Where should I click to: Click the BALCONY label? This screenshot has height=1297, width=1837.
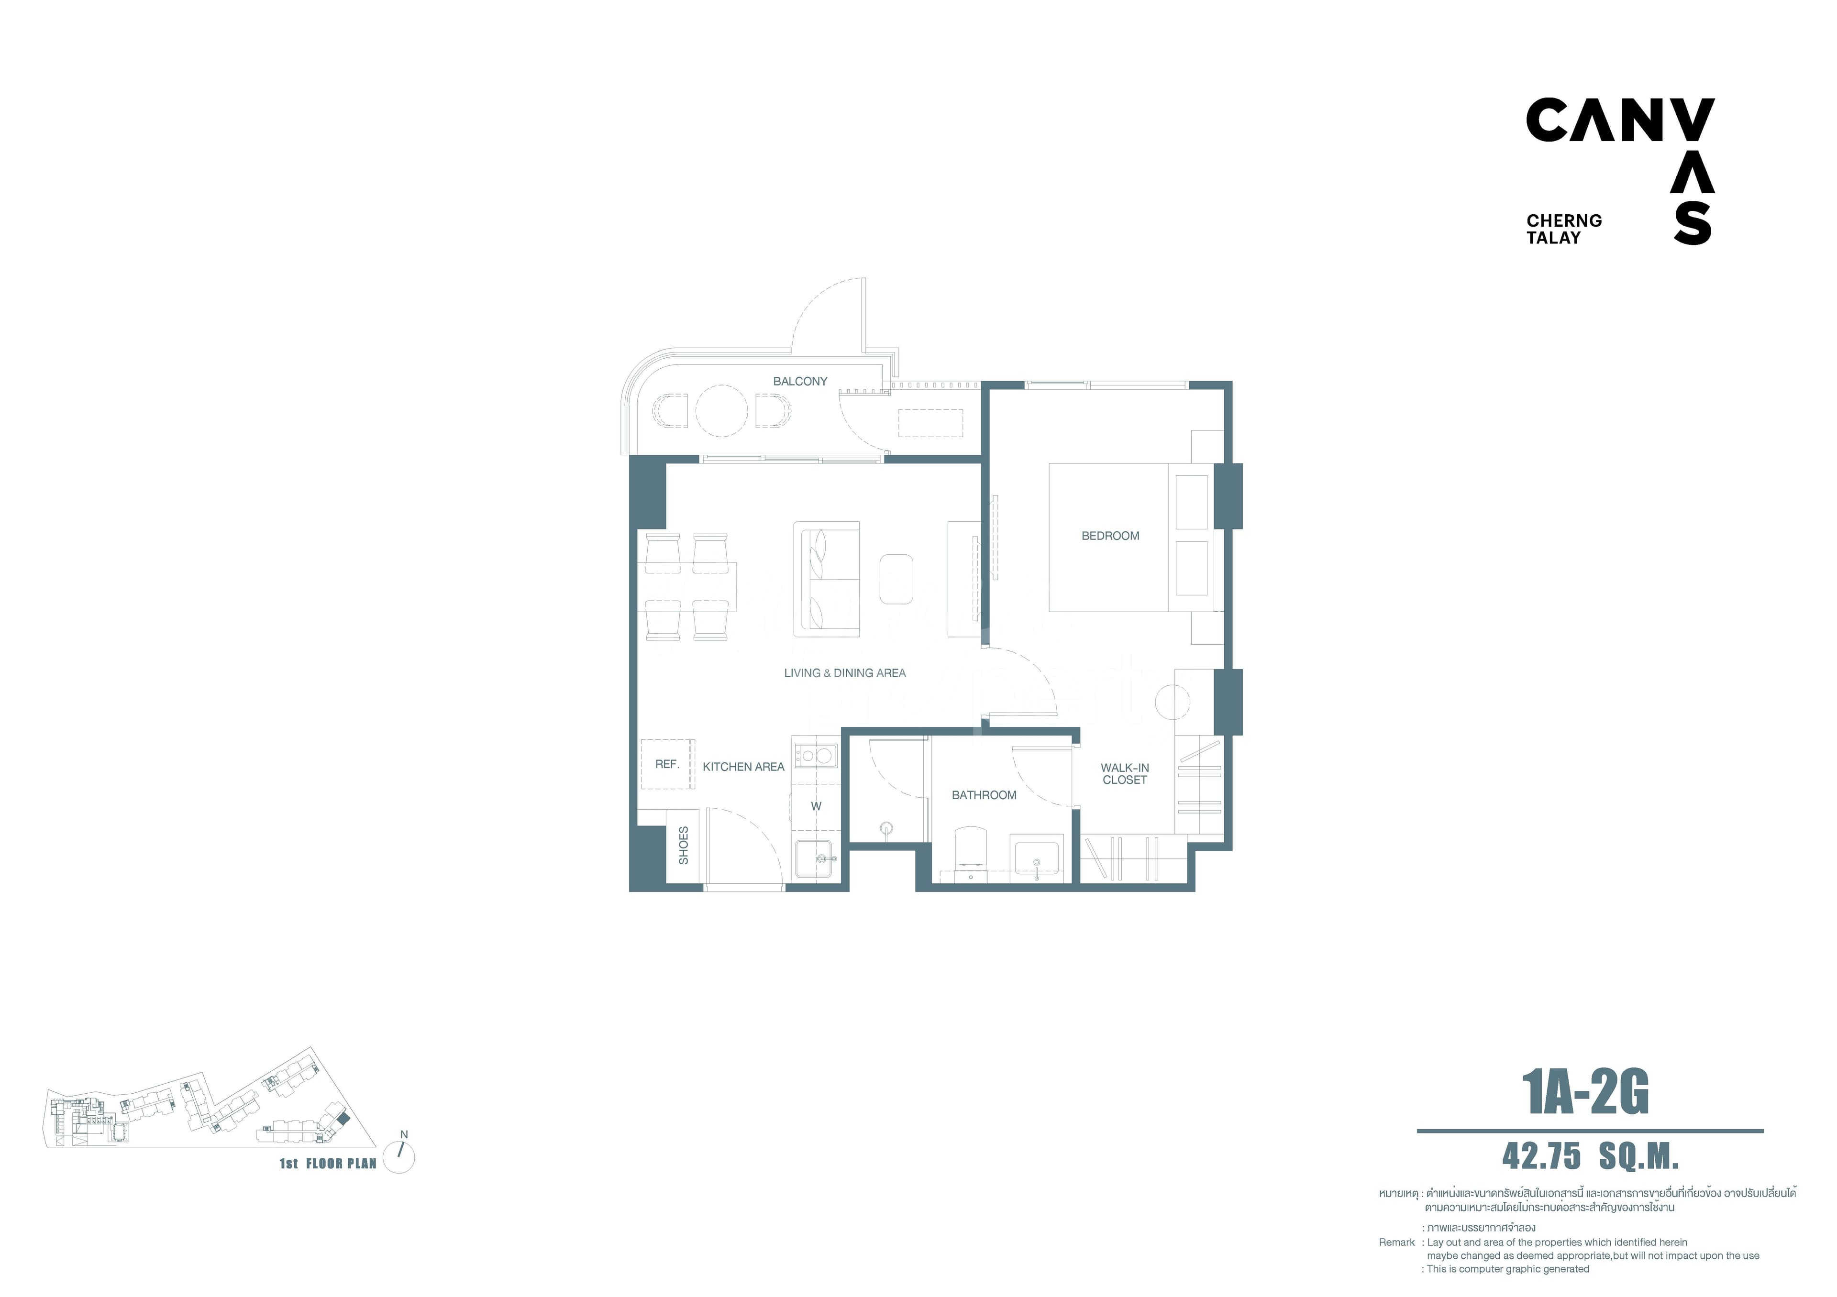tap(799, 382)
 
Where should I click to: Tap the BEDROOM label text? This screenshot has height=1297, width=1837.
tap(1110, 536)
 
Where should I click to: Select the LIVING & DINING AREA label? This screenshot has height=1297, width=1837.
tap(845, 673)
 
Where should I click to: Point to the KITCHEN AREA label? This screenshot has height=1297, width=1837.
tap(743, 767)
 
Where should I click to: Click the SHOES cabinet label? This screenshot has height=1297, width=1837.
tap(683, 845)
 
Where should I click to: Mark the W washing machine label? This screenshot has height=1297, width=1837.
tap(816, 806)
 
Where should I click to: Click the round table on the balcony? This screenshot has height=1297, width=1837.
tap(722, 410)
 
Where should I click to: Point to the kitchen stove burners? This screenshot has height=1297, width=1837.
tap(815, 755)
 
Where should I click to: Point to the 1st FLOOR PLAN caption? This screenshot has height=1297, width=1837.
tap(328, 1164)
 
